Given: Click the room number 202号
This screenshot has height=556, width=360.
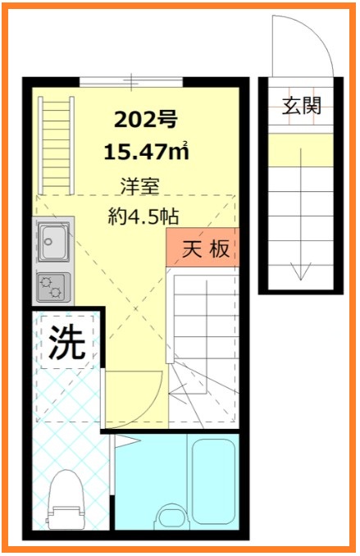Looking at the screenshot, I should point(145,121).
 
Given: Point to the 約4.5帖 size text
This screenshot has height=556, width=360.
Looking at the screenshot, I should point(144,217).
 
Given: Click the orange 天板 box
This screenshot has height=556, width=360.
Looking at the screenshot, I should point(203,248).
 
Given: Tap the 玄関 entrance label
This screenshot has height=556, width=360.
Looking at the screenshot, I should point(301,106).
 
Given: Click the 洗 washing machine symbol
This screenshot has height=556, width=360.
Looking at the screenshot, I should point(66,343).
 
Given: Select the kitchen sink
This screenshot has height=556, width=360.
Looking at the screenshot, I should point(55,241).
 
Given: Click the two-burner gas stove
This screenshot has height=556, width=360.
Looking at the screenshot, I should point(54,286).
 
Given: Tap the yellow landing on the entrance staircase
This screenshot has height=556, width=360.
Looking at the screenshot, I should point(301,150).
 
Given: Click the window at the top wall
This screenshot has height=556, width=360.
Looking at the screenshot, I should point(131,80).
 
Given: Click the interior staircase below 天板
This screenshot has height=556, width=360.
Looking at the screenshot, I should point(203,328).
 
